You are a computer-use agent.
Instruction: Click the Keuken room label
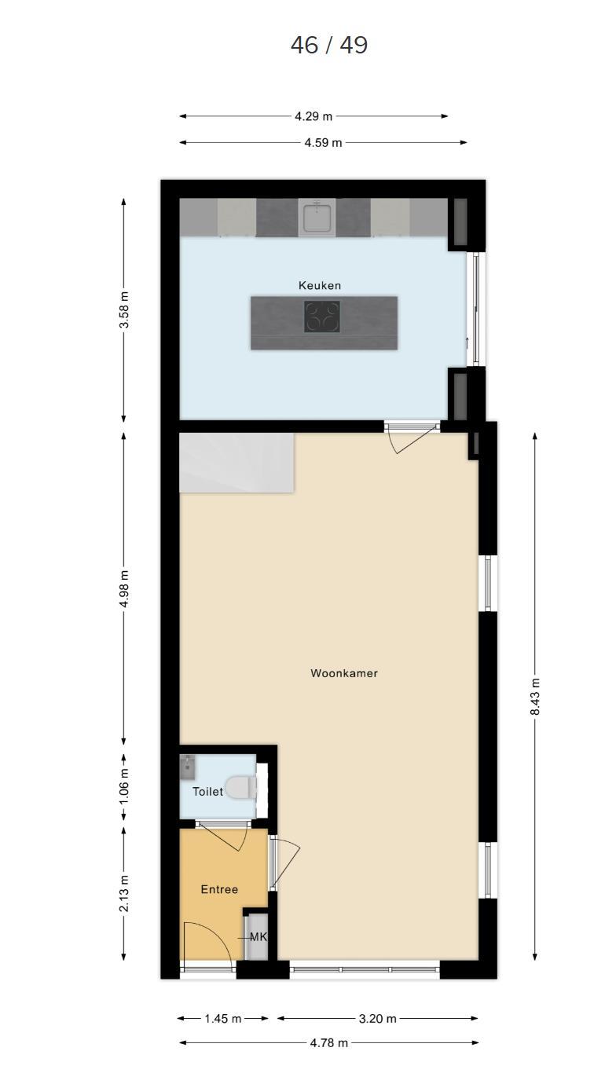click(319, 285)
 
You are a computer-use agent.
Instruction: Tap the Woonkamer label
click(344, 673)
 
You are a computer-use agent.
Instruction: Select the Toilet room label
click(207, 792)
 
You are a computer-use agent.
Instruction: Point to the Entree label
click(219, 889)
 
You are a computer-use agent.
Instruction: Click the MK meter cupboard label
click(258, 937)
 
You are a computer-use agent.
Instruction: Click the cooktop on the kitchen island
click(322, 317)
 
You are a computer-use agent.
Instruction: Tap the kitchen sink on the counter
click(317, 217)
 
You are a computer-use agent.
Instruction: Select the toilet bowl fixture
click(241, 788)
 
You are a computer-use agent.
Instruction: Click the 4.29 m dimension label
click(313, 116)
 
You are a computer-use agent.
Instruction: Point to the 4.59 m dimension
click(323, 143)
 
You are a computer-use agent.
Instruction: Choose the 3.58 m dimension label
click(124, 309)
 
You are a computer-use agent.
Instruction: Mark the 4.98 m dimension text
click(124, 588)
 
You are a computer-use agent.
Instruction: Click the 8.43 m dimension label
click(535, 697)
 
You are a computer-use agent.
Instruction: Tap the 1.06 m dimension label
click(124, 786)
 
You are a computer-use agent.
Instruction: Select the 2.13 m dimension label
click(124, 893)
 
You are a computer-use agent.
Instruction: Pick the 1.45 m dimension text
click(222, 1019)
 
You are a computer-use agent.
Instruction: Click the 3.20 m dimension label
click(377, 1019)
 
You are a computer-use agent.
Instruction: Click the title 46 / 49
click(329, 45)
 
